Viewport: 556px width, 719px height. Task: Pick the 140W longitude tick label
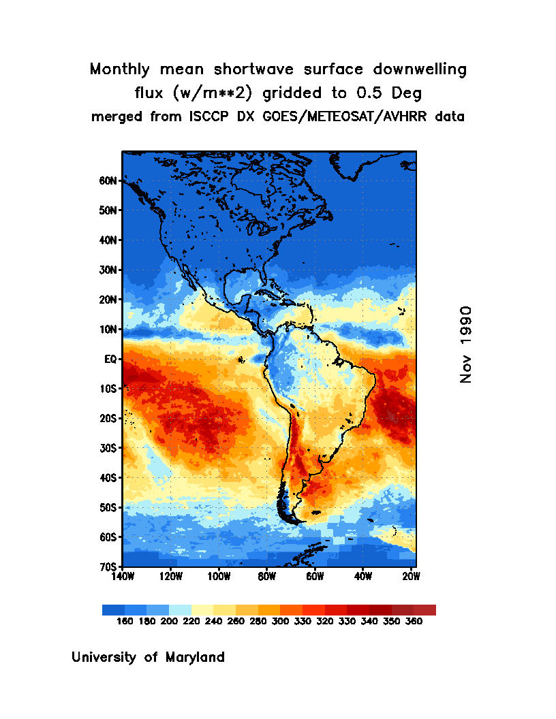click(123, 577)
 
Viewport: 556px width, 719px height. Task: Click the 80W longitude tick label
click(266, 577)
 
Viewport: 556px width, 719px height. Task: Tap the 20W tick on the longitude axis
click(411, 577)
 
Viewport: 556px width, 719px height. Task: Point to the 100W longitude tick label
click(219, 577)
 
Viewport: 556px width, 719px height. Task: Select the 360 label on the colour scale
click(414, 622)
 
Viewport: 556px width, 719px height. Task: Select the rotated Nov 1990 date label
click(466, 344)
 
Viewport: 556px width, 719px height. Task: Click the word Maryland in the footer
click(191, 658)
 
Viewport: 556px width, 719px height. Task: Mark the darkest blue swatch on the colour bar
click(113, 610)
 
